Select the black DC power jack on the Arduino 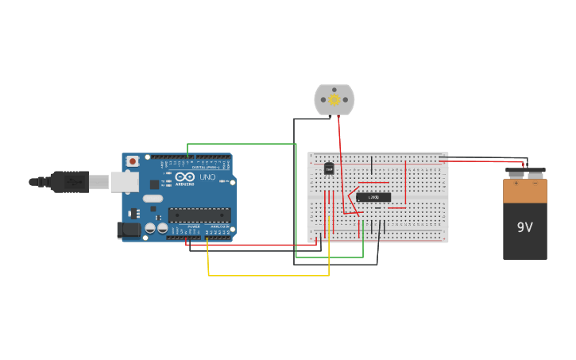click(128, 230)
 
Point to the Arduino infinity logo click(185, 177)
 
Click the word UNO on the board click(207, 177)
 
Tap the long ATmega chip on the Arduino click(199, 215)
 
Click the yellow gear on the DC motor click(334, 99)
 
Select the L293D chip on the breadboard click(373, 196)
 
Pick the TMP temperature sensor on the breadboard click(329, 168)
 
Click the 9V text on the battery click(524, 227)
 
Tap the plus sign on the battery click(516, 184)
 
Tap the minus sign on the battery click(535, 184)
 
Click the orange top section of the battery click(524, 191)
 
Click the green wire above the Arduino click(238, 144)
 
